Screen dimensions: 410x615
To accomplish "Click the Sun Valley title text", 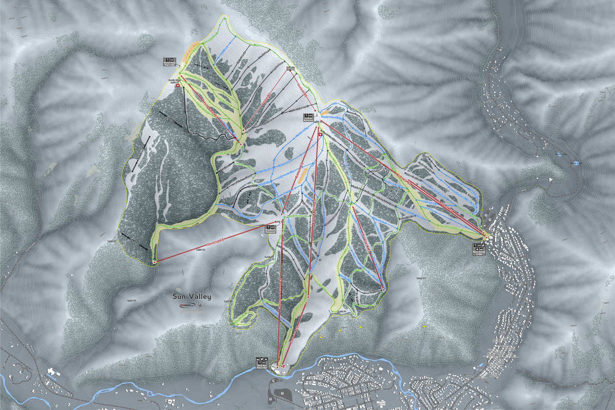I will [191, 296].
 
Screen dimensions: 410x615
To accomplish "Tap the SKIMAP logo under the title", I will [187, 305].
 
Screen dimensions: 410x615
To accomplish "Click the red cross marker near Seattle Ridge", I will [177, 87].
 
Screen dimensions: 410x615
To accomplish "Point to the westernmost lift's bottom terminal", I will [154, 262].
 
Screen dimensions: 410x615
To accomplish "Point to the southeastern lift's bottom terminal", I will [383, 290].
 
